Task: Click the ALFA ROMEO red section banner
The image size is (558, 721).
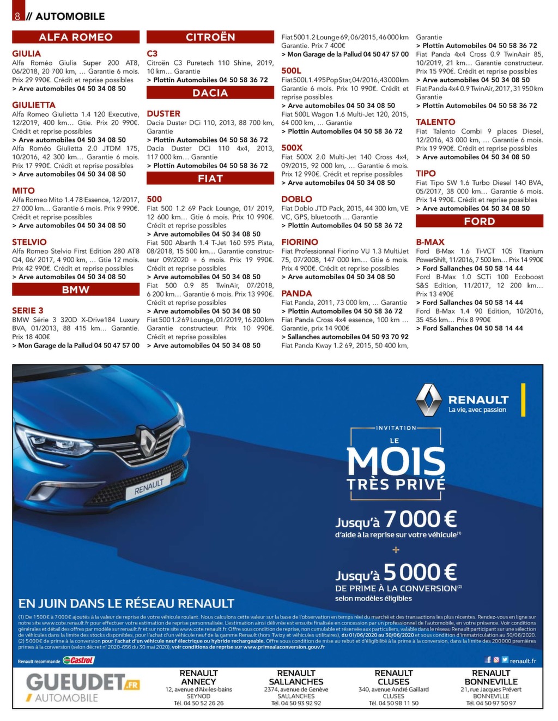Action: pos(76,37)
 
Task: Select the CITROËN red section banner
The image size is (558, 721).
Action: pos(210,37)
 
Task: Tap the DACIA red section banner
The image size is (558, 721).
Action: pos(210,93)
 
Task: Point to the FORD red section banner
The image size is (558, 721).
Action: pos(480,221)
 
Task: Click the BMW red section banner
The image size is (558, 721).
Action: pos(76,290)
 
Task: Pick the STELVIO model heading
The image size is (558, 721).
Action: pos(29,242)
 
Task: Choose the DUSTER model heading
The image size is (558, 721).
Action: pos(163,113)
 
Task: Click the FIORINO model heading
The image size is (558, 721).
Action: pos(300,242)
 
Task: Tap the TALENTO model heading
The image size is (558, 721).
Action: pos(435,122)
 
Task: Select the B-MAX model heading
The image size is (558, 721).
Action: pos(430,242)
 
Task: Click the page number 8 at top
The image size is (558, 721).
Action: pos(17,16)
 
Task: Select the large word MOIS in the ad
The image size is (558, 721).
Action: pos(396,461)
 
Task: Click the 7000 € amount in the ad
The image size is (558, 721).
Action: pos(420,519)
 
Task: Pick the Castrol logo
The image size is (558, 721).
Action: pos(78,660)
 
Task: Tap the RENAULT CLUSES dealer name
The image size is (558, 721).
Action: pos(393,677)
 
